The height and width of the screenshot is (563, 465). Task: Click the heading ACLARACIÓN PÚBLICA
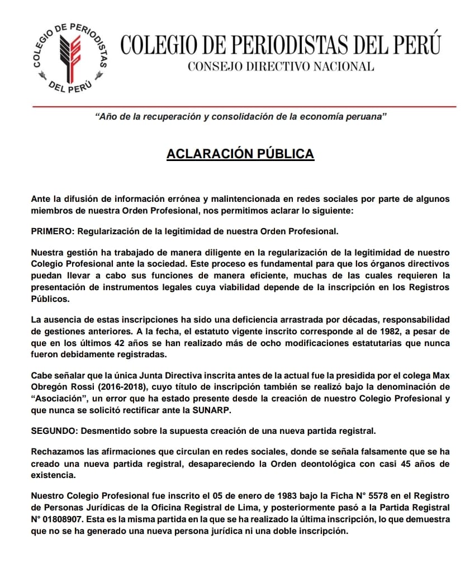point(240,153)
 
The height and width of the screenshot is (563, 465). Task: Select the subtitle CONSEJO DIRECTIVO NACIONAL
point(281,67)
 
